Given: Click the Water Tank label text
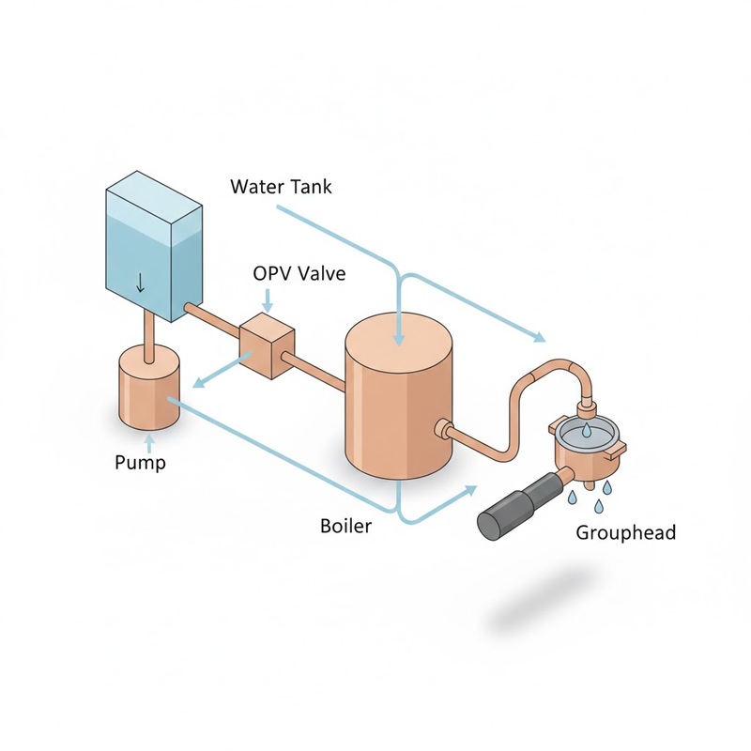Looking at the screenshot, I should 281,187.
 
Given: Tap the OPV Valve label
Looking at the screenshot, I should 299,273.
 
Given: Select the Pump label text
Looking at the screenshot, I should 140,462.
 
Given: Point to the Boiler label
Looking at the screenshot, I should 345,526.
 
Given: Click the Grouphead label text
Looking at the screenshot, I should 625,533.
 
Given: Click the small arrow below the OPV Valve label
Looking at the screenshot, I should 268,302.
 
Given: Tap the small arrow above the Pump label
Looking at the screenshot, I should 147,437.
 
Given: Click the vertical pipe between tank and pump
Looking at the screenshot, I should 147,333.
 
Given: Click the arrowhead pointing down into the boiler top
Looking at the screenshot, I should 399,338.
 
